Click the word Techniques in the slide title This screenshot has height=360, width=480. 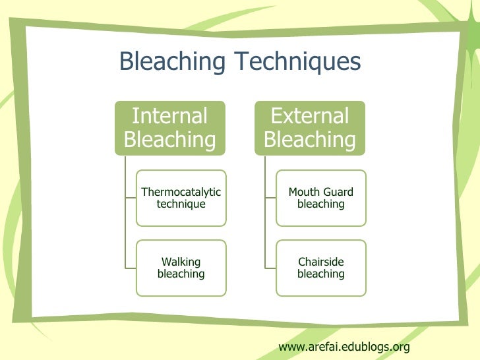(x=299, y=62)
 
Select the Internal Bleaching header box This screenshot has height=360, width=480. (x=170, y=128)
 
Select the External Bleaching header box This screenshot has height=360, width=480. (x=310, y=128)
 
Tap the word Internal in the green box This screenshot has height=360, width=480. (x=170, y=116)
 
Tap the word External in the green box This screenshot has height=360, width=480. (x=310, y=116)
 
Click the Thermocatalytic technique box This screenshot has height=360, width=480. (x=181, y=198)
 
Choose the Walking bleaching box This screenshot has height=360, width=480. (x=181, y=268)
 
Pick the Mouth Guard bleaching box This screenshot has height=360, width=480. (x=321, y=198)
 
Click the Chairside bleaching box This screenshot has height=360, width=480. (x=321, y=268)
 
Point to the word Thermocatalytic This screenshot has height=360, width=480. (x=181, y=192)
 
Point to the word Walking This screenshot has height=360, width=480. (x=181, y=262)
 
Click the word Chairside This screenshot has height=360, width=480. (x=321, y=262)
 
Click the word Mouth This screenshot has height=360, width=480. (x=304, y=192)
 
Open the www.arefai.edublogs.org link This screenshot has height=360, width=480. (x=344, y=346)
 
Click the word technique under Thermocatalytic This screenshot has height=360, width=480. (x=181, y=204)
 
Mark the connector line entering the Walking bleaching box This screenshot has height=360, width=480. (x=130, y=268)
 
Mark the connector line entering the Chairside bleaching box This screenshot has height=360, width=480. (x=270, y=268)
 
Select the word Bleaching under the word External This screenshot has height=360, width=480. (x=310, y=140)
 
